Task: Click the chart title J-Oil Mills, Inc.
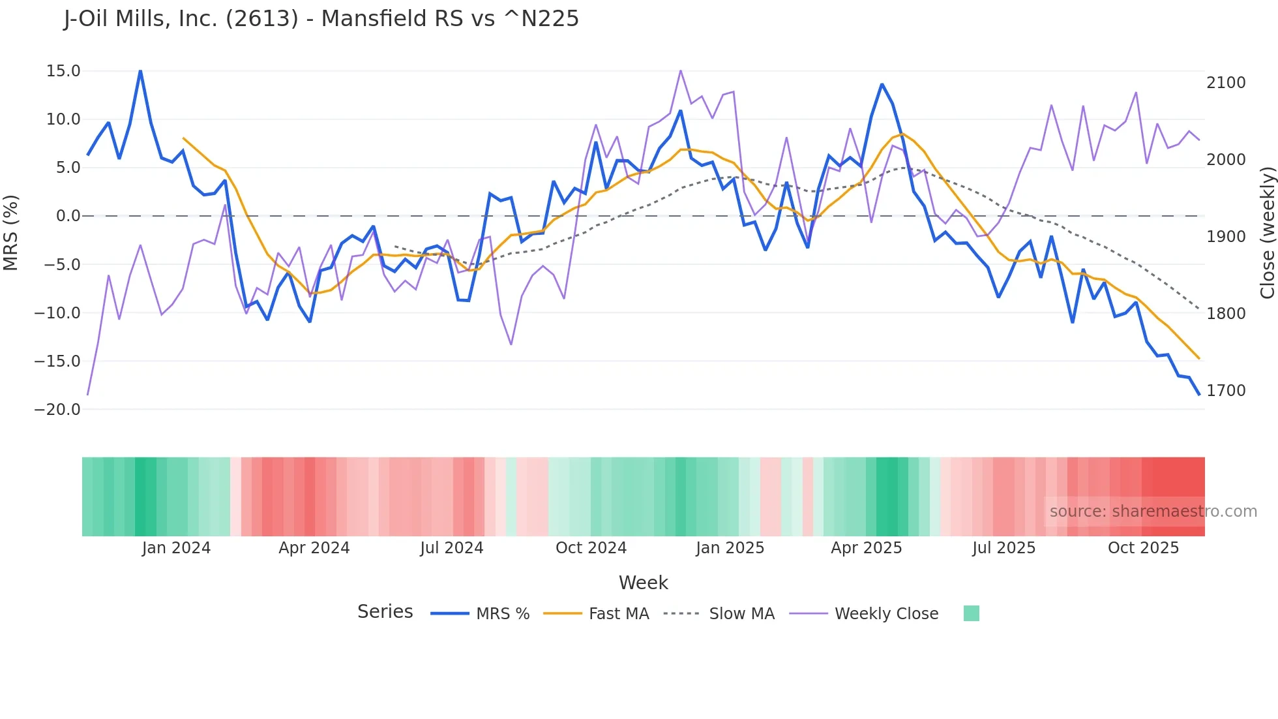click(x=321, y=19)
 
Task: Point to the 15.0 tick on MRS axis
click(x=63, y=71)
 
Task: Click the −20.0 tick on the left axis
click(x=57, y=410)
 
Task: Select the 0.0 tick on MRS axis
click(x=68, y=216)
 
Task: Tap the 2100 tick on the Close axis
click(x=1226, y=83)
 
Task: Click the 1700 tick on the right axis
click(x=1226, y=391)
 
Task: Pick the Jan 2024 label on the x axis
click(x=176, y=548)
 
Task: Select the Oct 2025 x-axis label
click(x=1143, y=548)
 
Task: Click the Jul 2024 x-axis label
click(x=451, y=548)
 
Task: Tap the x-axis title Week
click(x=643, y=583)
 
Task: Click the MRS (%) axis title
click(x=11, y=232)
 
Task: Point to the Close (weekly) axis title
click(x=1267, y=232)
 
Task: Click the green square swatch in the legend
click(x=971, y=613)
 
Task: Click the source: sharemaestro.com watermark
click(x=1153, y=512)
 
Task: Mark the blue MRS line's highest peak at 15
click(x=140, y=71)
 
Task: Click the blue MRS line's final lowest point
click(x=1198, y=394)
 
